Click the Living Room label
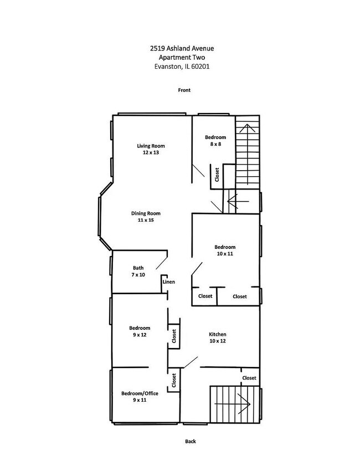point(151,146)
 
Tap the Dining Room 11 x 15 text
point(146,217)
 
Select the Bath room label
point(138,268)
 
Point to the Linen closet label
point(168,282)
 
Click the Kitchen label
point(218,334)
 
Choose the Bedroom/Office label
point(140,393)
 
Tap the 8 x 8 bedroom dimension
point(215,144)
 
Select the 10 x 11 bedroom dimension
point(225,254)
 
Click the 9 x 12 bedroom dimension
point(140,335)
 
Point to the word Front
point(184,90)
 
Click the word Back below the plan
point(191,441)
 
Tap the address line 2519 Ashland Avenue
point(182,48)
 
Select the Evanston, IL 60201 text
point(182,67)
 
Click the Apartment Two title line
point(182,58)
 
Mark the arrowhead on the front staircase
point(247,128)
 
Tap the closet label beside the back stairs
point(249,378)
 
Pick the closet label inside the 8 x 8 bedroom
point(217,175)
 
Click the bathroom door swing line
point(162,263)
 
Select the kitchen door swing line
point(191,362)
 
